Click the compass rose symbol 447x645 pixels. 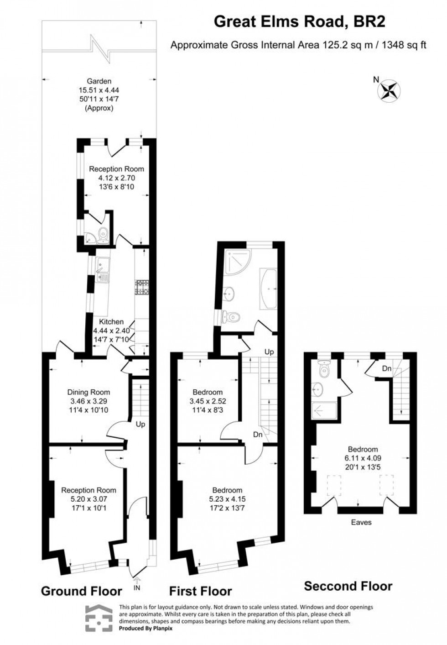[x=389, y=89]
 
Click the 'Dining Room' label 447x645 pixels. [x=88, y=392]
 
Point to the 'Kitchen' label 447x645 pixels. [x=111, y=322]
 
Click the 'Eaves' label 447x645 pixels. [x=361, y=522]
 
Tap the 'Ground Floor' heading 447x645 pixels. [x=82, y=591]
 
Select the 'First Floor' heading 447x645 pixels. [x=201, y=591]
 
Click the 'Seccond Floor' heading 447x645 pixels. [x=348, y=586]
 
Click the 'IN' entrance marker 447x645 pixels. [x=137, y=588]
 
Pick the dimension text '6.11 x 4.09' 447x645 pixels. [x=363, y=458]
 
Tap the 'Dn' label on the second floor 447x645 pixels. [x=386, y=368]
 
